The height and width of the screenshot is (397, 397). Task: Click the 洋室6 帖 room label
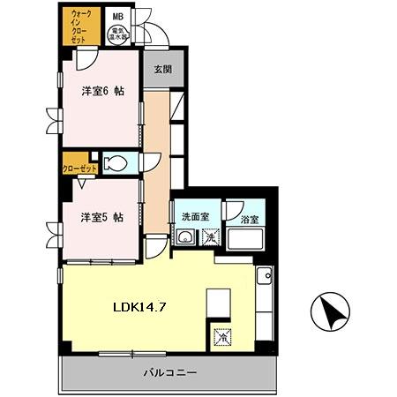(102, 91)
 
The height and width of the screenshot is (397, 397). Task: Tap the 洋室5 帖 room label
(102, 217)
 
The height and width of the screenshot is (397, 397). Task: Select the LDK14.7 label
(140, 309)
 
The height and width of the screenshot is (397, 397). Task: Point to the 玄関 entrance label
(161, 70)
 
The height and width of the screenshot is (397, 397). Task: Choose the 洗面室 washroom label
(194, 217)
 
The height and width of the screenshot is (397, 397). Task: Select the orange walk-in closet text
(81, 27)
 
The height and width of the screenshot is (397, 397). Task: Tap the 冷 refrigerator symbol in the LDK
(220, 337)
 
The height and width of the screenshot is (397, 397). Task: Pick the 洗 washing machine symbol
(212, 236)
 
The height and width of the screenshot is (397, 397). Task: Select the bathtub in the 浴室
(248, 238)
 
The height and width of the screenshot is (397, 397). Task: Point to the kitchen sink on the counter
(265, 278)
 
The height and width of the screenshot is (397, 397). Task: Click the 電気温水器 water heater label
(116, 35)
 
